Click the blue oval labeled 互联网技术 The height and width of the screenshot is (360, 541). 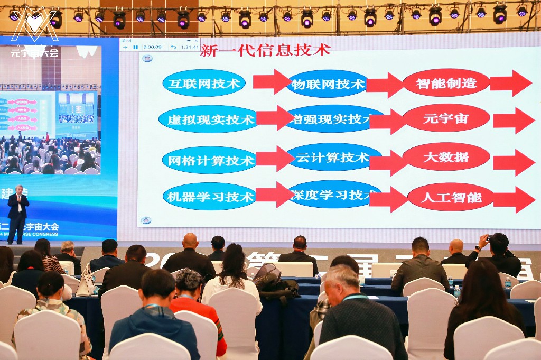point(203,83)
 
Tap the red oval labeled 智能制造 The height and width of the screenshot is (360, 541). point(446,83)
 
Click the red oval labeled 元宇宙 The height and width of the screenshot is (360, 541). point(446,118)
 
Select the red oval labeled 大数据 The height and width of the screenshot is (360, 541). point(446,157)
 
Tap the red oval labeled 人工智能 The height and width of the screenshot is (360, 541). point(451,198)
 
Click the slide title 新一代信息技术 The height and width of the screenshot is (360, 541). point(265,50)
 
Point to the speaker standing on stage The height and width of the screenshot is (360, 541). point(18,213)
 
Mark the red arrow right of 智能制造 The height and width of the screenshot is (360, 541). point(510,83)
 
